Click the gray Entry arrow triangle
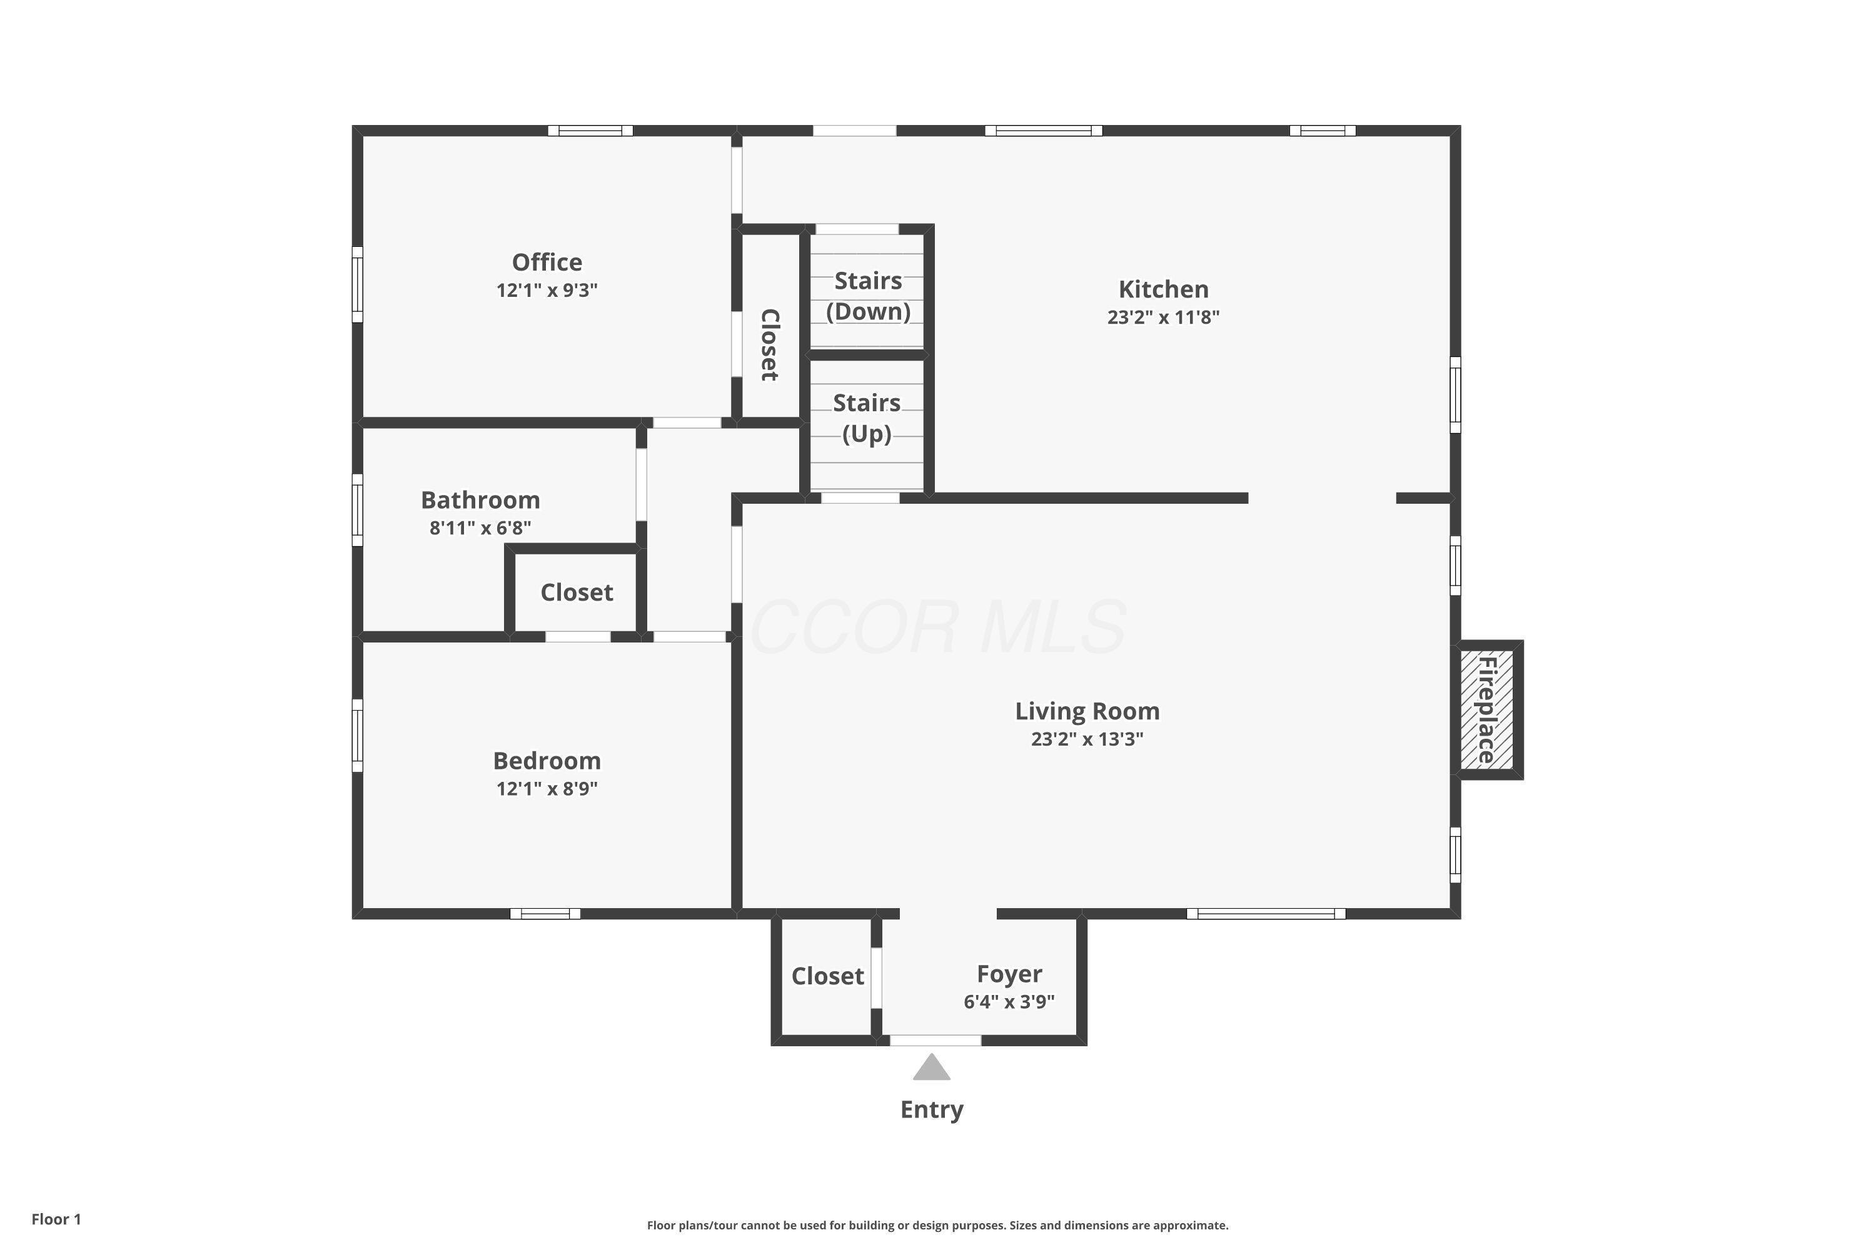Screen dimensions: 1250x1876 [x=931, y=1069]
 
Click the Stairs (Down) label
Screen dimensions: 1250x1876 [x=868, y=296]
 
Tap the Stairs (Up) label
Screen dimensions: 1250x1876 [x=866, y=417]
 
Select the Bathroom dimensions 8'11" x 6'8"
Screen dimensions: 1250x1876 [x=480, y=527]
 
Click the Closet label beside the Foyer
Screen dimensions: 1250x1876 [x=827, y=976]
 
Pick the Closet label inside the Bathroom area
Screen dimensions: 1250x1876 [x=576, y=592]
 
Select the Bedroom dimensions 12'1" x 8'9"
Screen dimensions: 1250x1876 [x=547, y=788]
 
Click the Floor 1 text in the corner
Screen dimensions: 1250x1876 [x=56, y=1219]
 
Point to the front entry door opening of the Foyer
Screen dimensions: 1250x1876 [x=935, y=1041]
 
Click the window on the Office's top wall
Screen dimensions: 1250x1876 [x=590, y=131]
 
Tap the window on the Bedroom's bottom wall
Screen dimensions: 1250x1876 [x=545, y=914]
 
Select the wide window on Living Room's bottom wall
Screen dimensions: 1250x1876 [x=1265, y=914]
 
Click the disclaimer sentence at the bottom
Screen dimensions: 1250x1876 [x=937, y=1225]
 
